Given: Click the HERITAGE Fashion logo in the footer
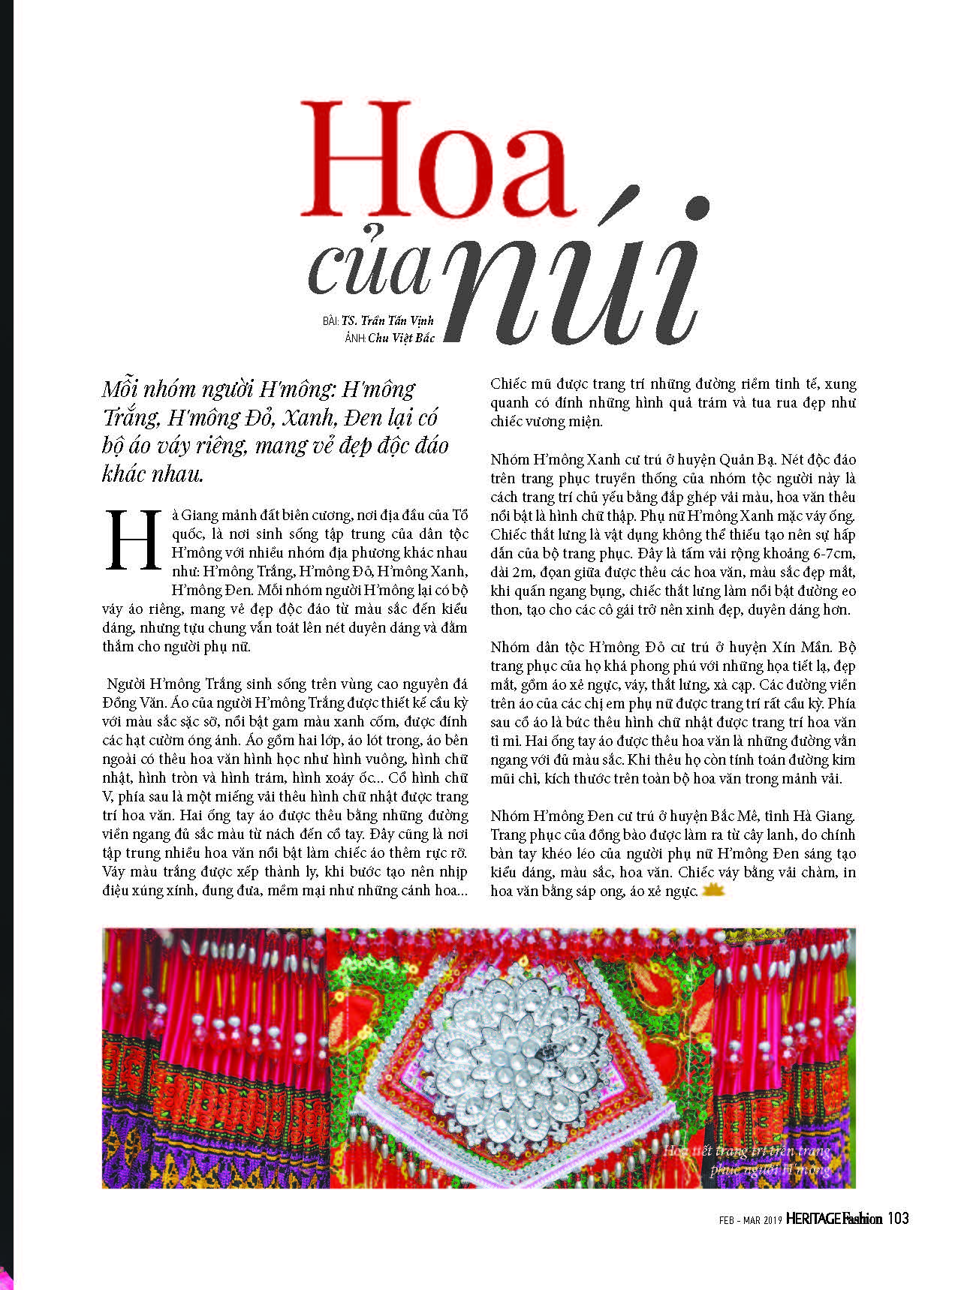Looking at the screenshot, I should [834, 1219].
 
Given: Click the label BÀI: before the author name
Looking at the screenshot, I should [331, 320].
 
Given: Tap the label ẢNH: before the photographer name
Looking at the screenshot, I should [354, 338].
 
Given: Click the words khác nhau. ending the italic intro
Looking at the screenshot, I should [152, 474].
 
